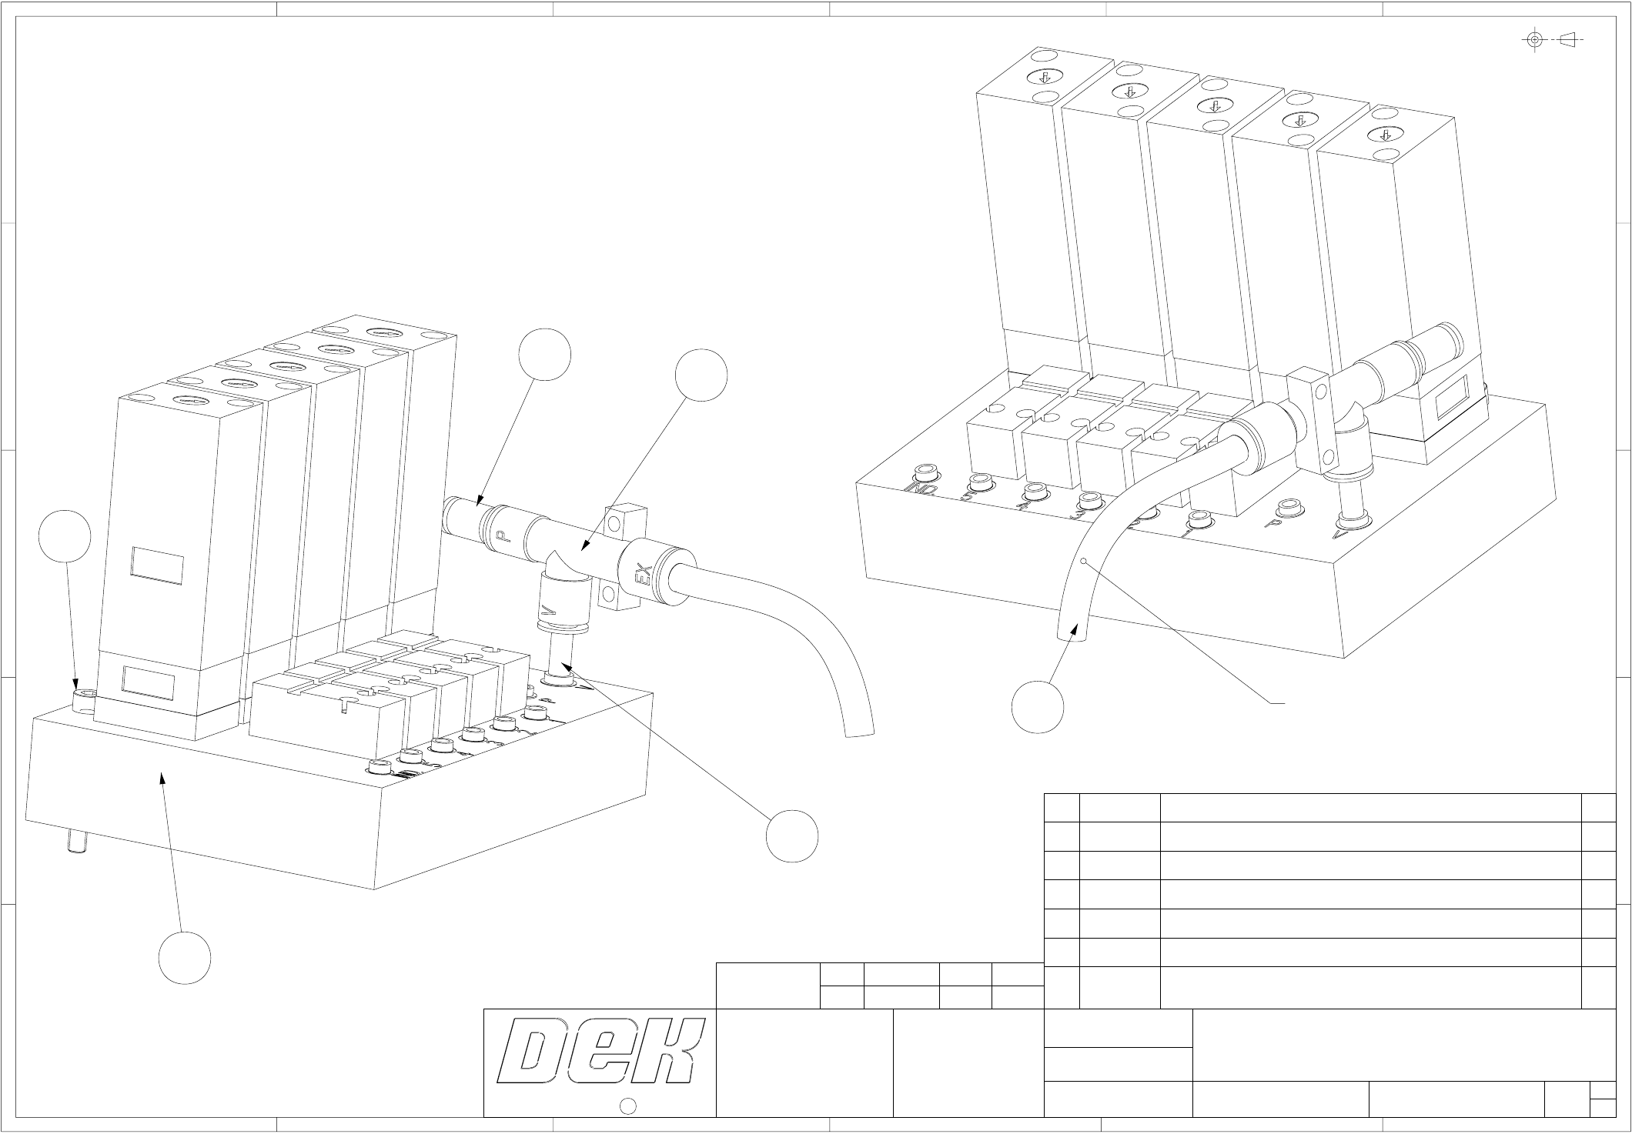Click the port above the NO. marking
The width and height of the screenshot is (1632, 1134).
tap(925, 470)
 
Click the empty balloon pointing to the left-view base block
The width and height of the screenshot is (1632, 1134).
tap(185, 957)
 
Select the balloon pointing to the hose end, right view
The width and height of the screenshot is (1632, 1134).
tap(1038, 706)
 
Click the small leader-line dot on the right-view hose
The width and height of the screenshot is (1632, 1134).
tap(1084, 562)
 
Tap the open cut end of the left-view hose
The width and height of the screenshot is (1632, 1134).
tap(860, 731)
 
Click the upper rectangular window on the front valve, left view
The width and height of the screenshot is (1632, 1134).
tap(157, 565)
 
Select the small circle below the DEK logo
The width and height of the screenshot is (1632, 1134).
tap(627, 1106)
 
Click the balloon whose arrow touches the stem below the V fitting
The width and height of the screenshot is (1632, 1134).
tap(792, 835)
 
